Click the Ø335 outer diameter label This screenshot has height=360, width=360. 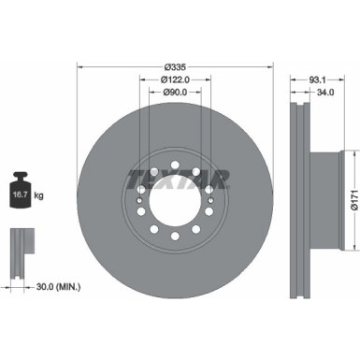pyautogui.click(x=176, y=67)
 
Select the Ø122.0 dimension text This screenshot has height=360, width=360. pyautogui.click(x=176, y=80)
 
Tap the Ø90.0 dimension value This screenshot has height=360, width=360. pyautogui.click(x=176, y=93)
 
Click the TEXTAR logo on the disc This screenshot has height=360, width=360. pyautogui.click(x=177, y=178)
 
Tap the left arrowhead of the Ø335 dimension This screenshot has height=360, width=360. pyautogui.click(x=79, y=67)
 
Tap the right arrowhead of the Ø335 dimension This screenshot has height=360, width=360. pyautogui.click(x=275, y=67)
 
